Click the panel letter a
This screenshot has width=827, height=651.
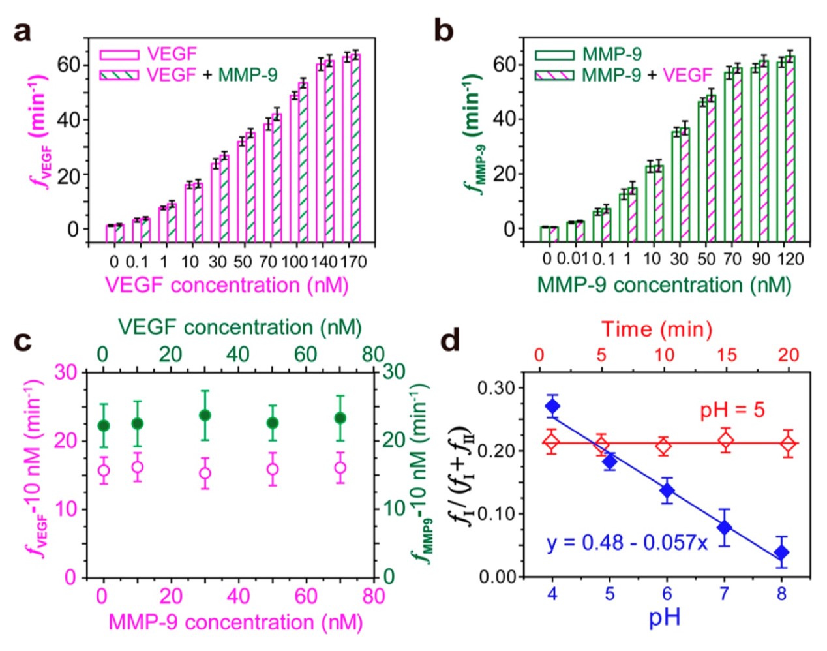tap(23, 30)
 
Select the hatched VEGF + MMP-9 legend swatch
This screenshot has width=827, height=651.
tap(119, 75)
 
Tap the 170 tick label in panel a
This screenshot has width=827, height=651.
tap(353, 262)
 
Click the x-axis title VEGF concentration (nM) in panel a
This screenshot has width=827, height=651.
tap(226, 286)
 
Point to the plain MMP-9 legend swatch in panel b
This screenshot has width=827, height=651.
tap(554, 55)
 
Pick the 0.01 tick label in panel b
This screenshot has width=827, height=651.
tap(575, 259)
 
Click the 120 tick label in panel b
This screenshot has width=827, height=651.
tap(789, 259)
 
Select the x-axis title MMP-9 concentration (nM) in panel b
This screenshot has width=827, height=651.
tap(664, 285)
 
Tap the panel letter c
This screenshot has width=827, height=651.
tap(23, 341)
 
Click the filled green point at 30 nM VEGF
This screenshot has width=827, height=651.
tap(205, 416)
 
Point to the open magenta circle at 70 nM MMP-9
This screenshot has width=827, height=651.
tap(340, 468)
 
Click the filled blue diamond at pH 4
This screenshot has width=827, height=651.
tap(552, 407)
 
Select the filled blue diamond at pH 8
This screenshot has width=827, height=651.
tap(781, 553)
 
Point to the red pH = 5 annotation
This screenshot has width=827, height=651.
tap(732, 411)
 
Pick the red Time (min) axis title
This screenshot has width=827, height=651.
tap(656, 329)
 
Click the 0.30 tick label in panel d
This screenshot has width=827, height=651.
tap(496, 388)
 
